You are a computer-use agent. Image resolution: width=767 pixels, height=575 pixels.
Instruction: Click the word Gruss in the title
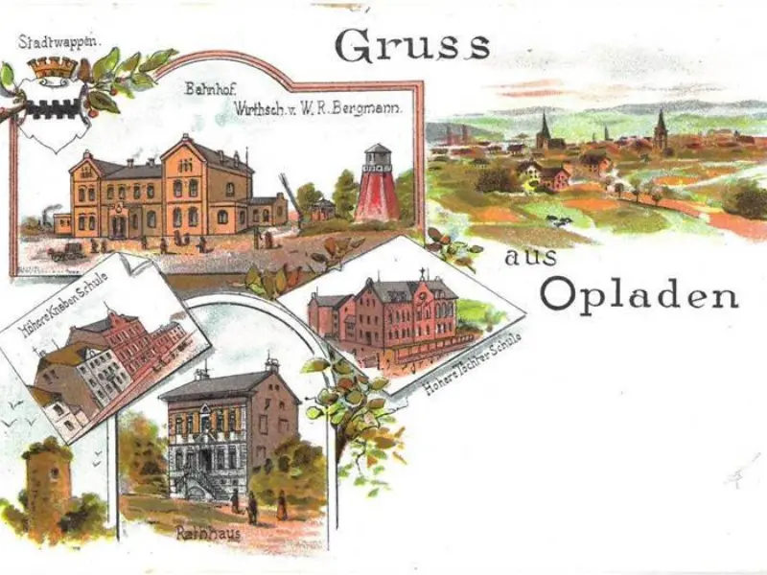413,45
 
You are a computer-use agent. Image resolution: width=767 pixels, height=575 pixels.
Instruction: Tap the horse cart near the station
67,251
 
